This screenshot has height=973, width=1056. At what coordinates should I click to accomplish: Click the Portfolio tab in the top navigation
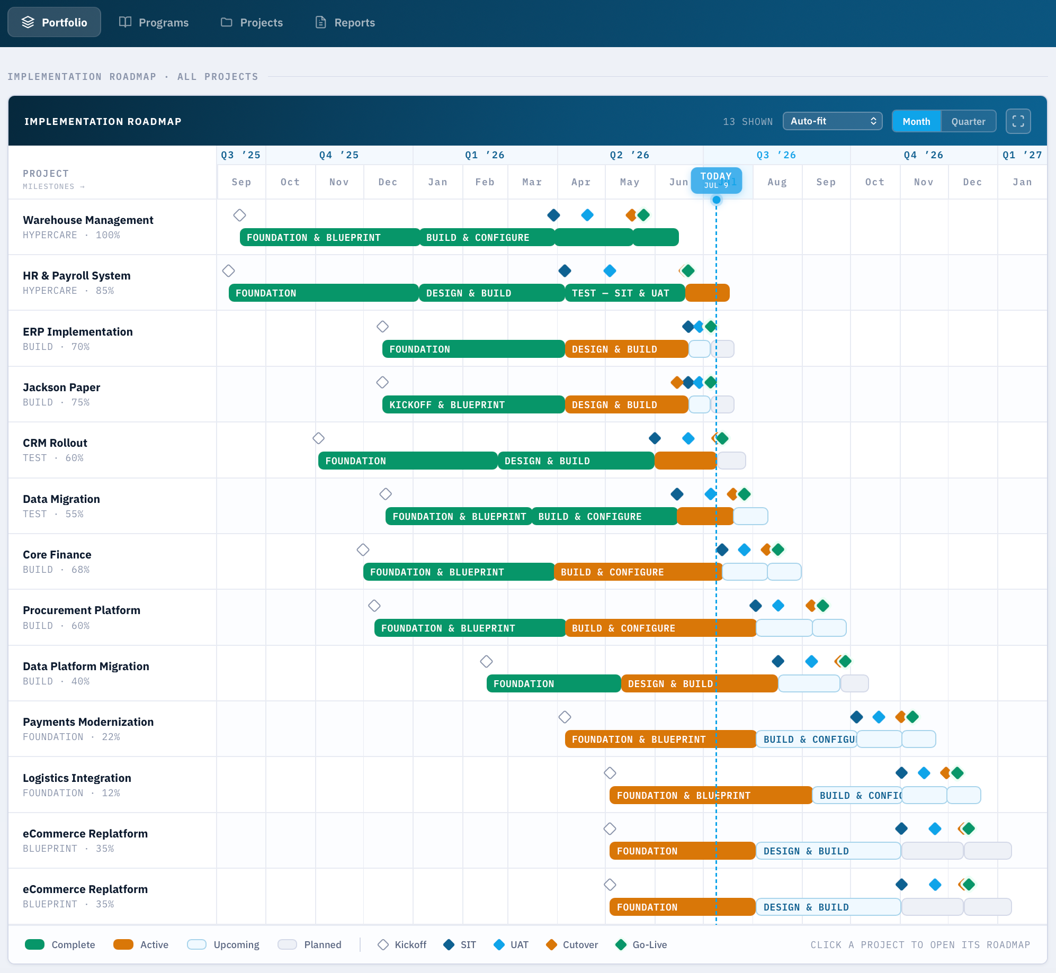point(54,22)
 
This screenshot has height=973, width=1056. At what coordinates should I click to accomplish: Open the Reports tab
point(345,22)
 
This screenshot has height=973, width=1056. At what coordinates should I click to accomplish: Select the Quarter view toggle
point(968,121)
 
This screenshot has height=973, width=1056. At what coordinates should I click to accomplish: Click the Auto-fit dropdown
point(833,121)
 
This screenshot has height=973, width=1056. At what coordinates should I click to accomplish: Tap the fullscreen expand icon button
point(1018,121)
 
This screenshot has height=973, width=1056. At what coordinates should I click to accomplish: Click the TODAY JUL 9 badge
point(716,180)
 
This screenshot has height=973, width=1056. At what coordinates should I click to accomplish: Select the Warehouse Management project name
point(88,220)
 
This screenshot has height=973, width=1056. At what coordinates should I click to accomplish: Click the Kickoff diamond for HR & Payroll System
point(228,271)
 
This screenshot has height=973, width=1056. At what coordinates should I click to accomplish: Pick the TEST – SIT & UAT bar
point(625,293)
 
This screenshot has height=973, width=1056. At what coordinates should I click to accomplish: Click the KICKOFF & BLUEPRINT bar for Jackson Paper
point(473,404)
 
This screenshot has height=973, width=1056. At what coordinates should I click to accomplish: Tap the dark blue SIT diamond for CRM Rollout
point(655,438)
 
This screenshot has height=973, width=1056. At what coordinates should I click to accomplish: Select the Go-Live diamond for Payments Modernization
point(912,717)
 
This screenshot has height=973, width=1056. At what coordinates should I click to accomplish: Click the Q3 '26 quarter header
point(776,155)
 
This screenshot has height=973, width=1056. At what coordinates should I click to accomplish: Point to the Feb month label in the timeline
point(485,182)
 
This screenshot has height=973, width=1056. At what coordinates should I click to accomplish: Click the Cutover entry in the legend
point(572,945)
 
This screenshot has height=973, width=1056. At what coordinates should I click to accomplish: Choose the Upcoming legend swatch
point(196,945)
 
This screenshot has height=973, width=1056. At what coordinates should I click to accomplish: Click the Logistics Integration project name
point(77,778)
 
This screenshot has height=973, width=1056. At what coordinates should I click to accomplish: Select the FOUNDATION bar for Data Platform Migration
point(553,683)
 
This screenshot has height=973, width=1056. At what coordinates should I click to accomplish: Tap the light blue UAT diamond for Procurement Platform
point(778,606)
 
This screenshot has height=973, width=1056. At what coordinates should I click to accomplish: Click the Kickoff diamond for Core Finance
point(363,550)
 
